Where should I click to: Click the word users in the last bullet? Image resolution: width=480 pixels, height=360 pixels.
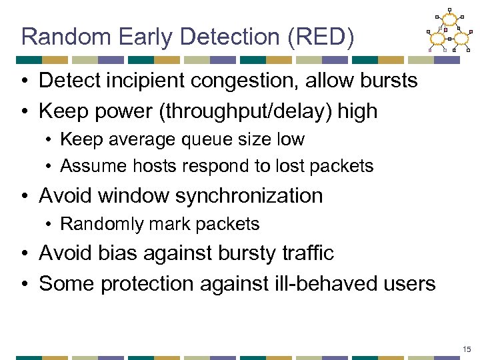pos(405,283)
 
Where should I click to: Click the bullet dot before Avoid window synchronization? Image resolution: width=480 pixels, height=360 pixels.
pos(24,196)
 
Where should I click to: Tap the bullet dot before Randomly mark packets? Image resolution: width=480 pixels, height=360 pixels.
pos(49,225)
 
